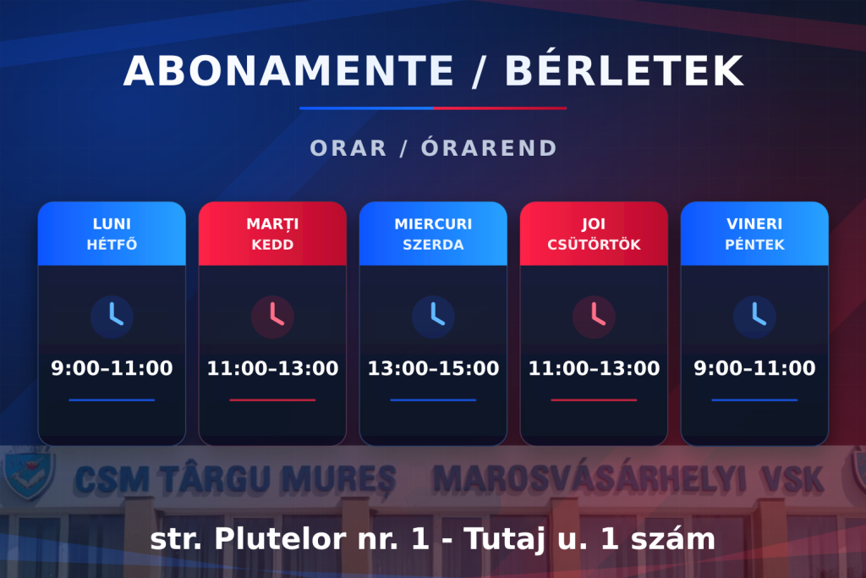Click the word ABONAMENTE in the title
point(288,71)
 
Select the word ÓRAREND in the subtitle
point(490,147)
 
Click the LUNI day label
point(112,223)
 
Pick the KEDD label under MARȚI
point(272,245)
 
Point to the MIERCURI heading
point(433,223)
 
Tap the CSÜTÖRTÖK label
point(594,244)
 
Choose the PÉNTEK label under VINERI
point(754,245)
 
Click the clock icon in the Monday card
point(112,317)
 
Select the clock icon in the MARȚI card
point(272,317)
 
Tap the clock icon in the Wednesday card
point(433,317)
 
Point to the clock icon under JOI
point(594,317)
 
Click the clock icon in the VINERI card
point(754,317)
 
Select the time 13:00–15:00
point(433,368)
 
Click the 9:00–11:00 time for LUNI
point(112,368)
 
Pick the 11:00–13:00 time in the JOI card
point(594,368)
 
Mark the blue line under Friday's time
point(754,399)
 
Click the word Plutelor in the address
point(281,538)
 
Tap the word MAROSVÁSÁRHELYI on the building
point(589,478)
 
